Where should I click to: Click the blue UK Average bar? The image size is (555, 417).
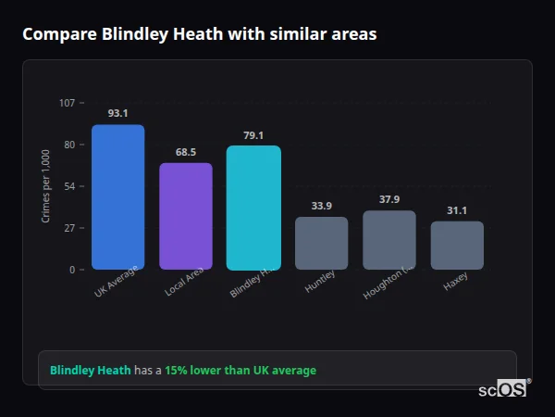click(x=117, y=197)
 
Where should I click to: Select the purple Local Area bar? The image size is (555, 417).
click(x=186, y=217)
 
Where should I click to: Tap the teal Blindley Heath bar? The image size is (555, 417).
click(x=253, y=208)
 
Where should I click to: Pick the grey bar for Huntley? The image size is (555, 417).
click(x=321, y=244)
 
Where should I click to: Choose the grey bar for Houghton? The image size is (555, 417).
click(x=389, y=240)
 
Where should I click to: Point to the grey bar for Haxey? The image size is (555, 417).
click(x=457, y=246)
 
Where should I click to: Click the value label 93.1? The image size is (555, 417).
click(x=117, y=113)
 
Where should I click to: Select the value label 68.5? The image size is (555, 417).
click(x=186, y=152)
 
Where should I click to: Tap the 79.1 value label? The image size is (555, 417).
click(x=253, y=135)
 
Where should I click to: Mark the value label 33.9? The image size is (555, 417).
click(x=321, y=206)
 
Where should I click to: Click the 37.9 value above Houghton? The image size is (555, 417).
click(x=389, y=199)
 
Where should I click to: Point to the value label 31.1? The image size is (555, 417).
click(x=457, y=210)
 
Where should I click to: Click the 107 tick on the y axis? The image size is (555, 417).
click(x=67, y=103)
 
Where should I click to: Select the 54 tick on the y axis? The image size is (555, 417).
click(x=69, y=186)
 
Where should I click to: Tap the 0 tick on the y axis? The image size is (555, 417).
click(x=72, y=270)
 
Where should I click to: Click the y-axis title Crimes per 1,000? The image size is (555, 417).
click(x=46, y=186)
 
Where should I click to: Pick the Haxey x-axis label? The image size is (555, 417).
click(x=455, y=282)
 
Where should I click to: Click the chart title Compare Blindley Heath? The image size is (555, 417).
click(x=199, y=34)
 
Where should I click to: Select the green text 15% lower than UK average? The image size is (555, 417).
click(x=240, y=370)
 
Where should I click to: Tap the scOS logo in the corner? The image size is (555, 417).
click(x=504, y=389)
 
